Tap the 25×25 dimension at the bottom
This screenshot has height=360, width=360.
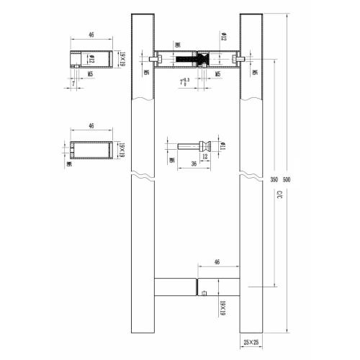click(x=251, y=344)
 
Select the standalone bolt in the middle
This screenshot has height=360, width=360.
click(x=198, y=143)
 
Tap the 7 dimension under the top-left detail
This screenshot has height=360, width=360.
click(x=75, y=84)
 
